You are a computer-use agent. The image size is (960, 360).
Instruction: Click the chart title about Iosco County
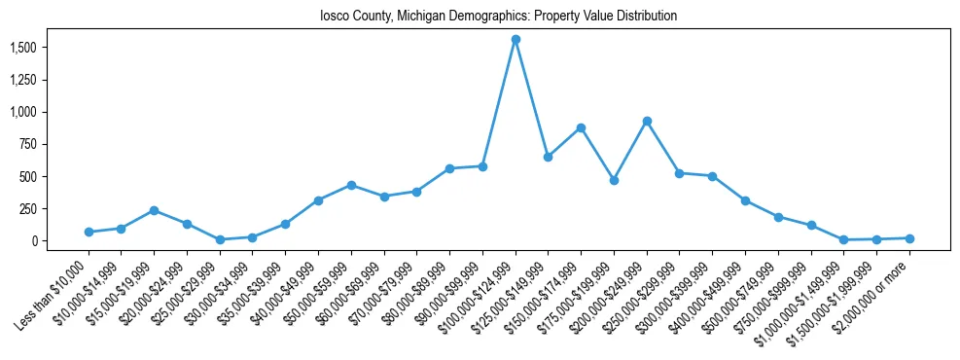pos(498,17)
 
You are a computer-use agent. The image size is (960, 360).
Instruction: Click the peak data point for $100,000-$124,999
pos(516,40)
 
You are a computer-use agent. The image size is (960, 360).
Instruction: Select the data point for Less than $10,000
pos(89,232)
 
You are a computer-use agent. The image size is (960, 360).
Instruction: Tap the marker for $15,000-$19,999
pos(154,210)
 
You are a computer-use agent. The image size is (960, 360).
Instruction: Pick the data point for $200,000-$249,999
pos(647,121)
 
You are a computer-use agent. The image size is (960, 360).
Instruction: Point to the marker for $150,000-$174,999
pos(581,127)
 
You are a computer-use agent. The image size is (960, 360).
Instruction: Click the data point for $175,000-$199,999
pos(614,180)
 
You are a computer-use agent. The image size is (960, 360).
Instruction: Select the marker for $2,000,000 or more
pos(909,238)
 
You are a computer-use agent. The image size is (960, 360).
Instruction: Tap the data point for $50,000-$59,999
pos(351,185)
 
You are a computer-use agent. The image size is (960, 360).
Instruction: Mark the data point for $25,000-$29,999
pos(220,239)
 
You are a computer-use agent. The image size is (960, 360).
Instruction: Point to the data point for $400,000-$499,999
pos(745,200)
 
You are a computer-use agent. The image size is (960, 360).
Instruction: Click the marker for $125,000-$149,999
pos(548,157)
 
